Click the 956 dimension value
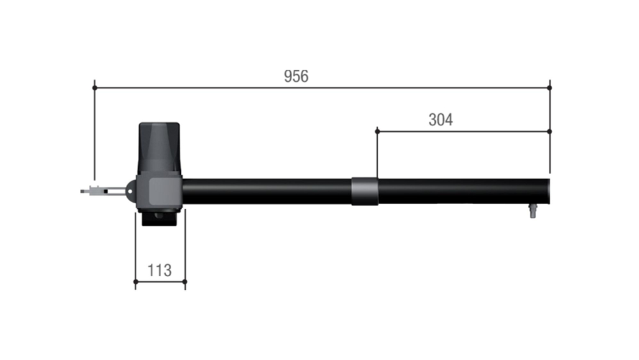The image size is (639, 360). (x=296, y=77)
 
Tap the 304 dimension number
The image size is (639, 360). (x=440, y=120)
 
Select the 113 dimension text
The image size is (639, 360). (x=159, y=270)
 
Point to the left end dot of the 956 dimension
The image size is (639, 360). (x=95, y=88)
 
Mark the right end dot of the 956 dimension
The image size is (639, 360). (x=550, y=88)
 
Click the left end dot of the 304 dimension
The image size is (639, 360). (x=377, y=131)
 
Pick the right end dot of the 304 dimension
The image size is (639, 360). (x=550, y=131)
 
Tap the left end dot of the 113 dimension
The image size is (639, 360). (x=135, y=281)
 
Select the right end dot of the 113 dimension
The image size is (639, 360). (x=185, y=281)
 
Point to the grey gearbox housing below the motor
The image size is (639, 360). (x=160, y=192)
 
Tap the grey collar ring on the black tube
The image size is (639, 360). (x=365, y=191)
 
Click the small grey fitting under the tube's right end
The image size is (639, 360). (x=532, y=211)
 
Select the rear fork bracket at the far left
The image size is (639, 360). (x=96, y=190)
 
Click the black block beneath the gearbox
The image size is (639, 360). (x=160, y=219)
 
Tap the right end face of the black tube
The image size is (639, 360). (x=548, y=191)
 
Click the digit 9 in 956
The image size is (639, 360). (x=288, y=77)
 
